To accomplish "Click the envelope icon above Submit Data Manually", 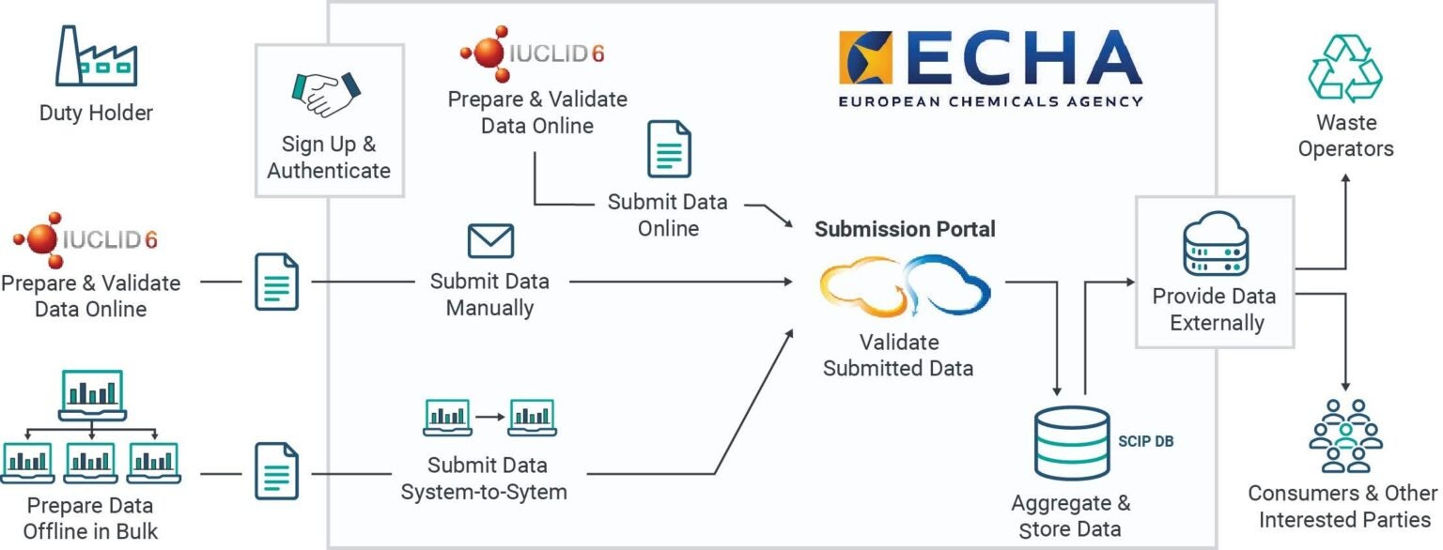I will [x=490, y=240].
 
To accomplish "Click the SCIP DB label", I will [x=1146, y=439].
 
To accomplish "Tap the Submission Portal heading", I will [x=905, y=229].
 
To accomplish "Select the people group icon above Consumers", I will [x=1345, y=435].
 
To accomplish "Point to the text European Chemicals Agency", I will [x=990, y=100].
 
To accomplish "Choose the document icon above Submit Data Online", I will [x=668, y=149].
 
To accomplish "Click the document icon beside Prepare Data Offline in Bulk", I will [x=277, y=471].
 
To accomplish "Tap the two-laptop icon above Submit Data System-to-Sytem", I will [x=489, y=418].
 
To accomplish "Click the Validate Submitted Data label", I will [x=897, y=355].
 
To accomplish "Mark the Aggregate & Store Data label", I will [x=1070, y=515].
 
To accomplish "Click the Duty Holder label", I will [x=96, y=114].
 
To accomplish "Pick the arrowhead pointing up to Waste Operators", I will [x=1345, y=176].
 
